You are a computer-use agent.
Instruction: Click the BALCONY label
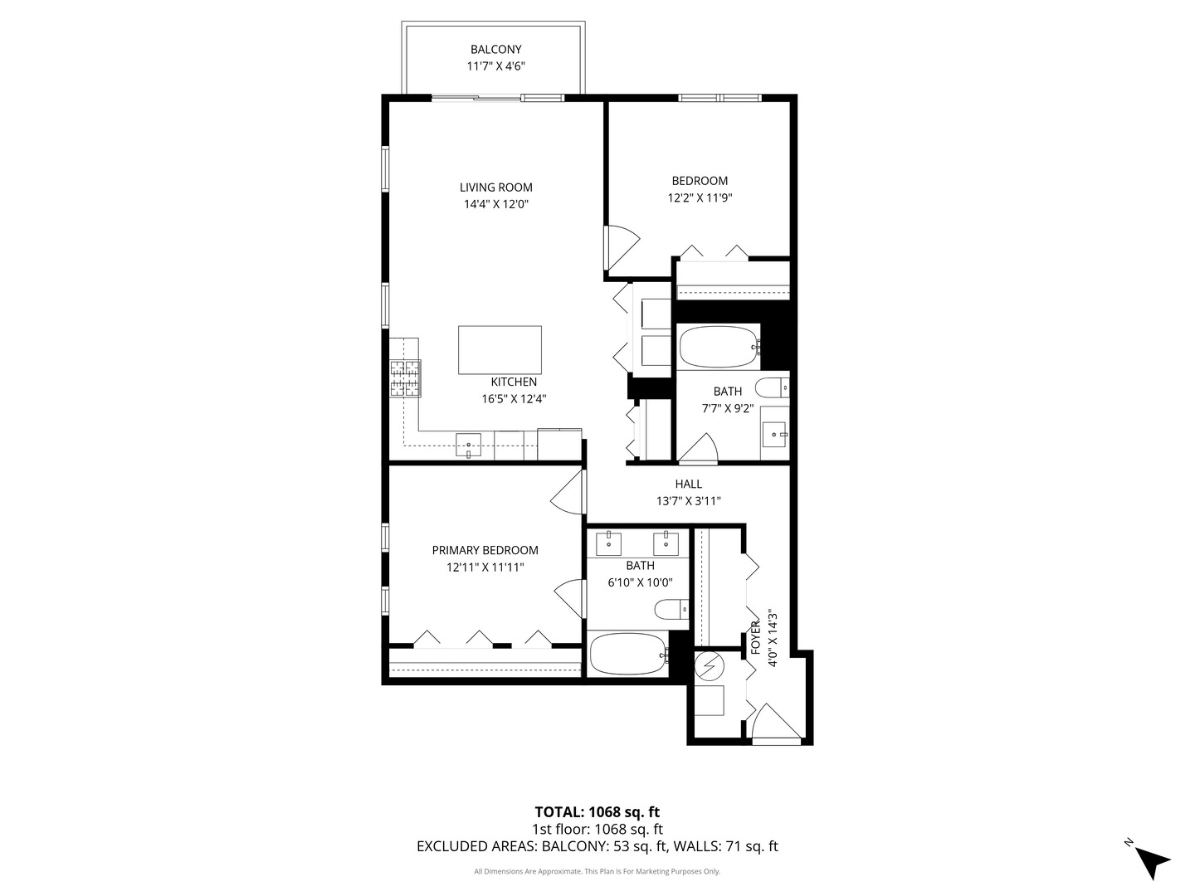click(x=495, y=50)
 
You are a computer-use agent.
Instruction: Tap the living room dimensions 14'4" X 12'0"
click(x=496, y=205)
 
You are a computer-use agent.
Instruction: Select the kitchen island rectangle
click(x=500, y=350)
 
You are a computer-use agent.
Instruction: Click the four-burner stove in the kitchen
click(x=405, y=377)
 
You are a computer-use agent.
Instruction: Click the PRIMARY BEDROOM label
click(x=485, y=550)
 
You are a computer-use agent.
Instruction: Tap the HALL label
click(x=688, y=484)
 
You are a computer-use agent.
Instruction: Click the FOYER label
click(x=755, y=638)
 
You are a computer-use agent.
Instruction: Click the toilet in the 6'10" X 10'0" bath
click(x=671, y=609)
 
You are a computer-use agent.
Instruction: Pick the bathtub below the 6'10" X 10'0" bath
click(x=629, y=654)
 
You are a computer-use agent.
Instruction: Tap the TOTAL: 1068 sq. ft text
click(x=597, y=812)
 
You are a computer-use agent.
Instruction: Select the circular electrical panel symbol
click(x=710, y=666)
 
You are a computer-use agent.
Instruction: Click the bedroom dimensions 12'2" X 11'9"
click(x=700, y=198)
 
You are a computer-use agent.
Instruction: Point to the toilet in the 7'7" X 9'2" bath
click(x=773, y=388)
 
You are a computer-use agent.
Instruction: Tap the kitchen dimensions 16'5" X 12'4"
click(x=514, y=399)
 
